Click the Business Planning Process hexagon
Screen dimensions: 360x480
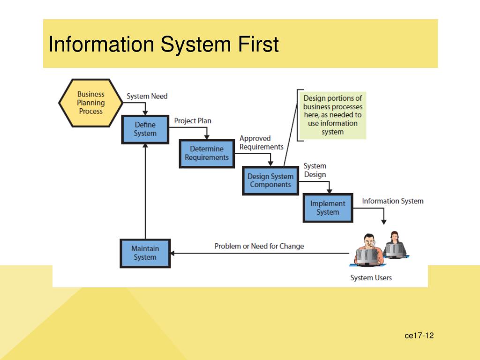(91, 103)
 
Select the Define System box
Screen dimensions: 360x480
(145, 129)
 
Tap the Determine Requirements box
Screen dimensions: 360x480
(207, 153)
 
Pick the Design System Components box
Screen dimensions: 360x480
(270, 180)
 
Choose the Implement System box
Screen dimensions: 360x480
(328, 208)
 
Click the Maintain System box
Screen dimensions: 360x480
(145, 253)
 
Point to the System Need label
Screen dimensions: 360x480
(147, 96)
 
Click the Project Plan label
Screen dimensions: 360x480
(193, 121)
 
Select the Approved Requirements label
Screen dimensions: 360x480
(261, 142)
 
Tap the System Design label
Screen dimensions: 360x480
(315, 170)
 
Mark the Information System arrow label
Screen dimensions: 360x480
(392, 201)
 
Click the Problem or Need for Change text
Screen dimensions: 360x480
(259, 246)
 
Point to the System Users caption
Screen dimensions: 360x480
(371, 277)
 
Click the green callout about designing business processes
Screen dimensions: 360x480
(332, 115)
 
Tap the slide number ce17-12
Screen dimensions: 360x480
(419, 335)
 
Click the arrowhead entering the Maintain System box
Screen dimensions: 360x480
(173, 253)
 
